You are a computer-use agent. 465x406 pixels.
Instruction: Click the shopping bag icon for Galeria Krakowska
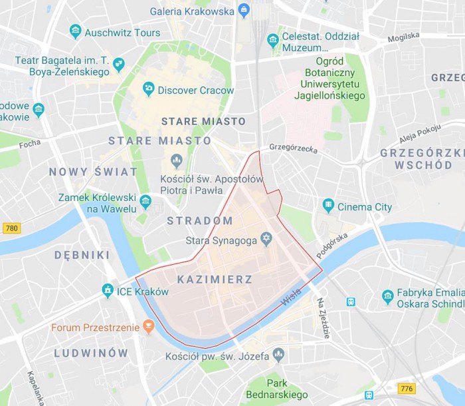coord(244,11)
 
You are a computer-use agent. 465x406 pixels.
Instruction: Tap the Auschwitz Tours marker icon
coord(75,32)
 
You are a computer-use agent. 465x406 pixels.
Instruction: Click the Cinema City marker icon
coord(328,206)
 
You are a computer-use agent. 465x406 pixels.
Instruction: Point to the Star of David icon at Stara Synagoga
coord(266,239)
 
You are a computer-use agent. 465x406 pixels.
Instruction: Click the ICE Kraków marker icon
coord(108,290)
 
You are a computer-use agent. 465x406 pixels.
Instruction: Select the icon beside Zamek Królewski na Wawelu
coord(145,201)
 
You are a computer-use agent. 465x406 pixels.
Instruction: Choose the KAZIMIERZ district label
coord(215,280)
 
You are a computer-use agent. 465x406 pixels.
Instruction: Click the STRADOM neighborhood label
coord(199,220)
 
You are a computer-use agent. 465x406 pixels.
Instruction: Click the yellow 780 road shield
coord(11,228)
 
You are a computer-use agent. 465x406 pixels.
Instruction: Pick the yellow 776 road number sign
coord(407,388)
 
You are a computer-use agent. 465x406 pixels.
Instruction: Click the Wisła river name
coord(291,297)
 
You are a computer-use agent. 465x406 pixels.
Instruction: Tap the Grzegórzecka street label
coord(293,148)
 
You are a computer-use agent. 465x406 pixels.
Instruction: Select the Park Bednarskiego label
coord(277,389)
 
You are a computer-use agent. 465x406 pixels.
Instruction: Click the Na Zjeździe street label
coord(323,318)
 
